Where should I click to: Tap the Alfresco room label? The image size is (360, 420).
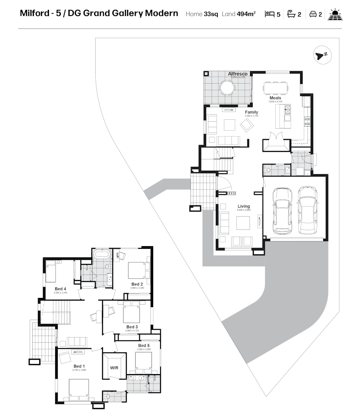tap(238, 74)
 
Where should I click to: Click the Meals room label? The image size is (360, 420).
tap(275, 98)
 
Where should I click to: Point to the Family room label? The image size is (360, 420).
tap(251, 112)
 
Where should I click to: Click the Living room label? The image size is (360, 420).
tap(244, 206)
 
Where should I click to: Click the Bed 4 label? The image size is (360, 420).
tap(60, 288)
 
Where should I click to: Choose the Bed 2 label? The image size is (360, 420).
tap(137, 284)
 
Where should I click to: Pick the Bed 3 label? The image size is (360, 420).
tap(132, 327)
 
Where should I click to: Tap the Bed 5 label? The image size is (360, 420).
tap(143, 345)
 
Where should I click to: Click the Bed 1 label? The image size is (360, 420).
tap(79, 366)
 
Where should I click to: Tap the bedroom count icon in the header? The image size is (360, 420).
tap(269, 14)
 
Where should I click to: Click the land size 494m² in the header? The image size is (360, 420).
tap(246, 14)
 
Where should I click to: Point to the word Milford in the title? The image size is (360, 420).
tap(35, 14)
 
